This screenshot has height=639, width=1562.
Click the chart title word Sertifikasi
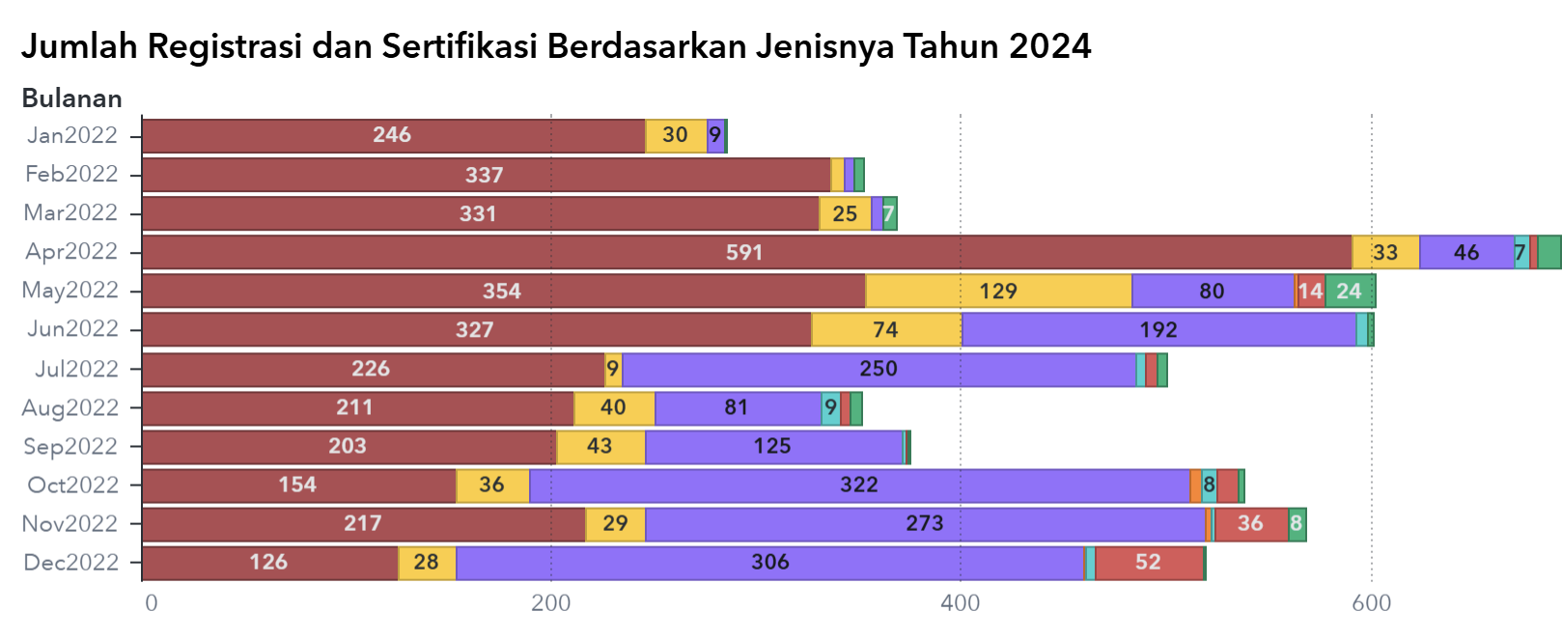tap(459, 46)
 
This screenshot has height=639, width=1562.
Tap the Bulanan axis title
tap(71, 98)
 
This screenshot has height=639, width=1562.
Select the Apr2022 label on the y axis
tap(71, 252)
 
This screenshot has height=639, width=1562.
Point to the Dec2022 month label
tap(71, 563)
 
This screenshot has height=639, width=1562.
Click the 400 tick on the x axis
tap(960, 604)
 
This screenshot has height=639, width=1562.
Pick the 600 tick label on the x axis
tap(1371, 604)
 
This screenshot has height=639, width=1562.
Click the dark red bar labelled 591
tap(745, 253)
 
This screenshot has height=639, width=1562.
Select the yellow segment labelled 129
tap(998, 292)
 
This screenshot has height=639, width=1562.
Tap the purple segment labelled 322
tap(859, 486)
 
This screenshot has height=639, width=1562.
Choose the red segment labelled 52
tap(1149, 563)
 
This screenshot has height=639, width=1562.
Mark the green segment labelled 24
tap(1349, 292)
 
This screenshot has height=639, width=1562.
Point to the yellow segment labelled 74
tap(886, 330)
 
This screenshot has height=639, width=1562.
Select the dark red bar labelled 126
tap(269, 563)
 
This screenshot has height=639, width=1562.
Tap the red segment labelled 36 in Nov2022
tap(1251, 524)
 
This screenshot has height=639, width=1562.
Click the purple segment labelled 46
tap(1466, 253)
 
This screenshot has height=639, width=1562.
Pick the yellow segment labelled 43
tap(600, 447)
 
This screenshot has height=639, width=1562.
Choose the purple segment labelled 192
tap(1158, 330)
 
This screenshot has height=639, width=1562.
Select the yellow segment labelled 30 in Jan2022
tap(676, 136)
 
